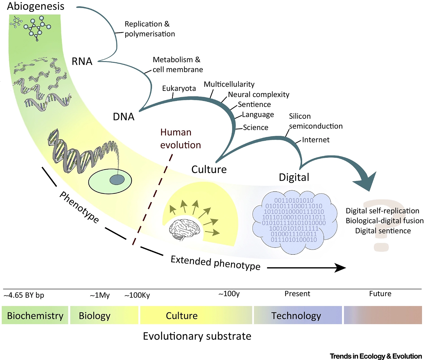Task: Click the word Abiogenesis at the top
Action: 36,6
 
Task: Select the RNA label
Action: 82,61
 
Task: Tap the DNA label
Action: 124,117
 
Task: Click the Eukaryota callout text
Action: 179,88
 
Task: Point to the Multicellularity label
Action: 229,84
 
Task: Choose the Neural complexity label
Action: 259,94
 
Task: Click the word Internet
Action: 316,140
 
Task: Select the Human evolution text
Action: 180,139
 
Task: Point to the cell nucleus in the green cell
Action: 117,180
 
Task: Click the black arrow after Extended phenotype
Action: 307,267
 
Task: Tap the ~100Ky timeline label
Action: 137,295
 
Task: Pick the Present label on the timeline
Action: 297,294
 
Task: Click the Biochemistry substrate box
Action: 35,315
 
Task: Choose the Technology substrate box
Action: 297,315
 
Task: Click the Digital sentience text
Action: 383,231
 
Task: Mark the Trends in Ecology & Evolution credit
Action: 376,356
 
